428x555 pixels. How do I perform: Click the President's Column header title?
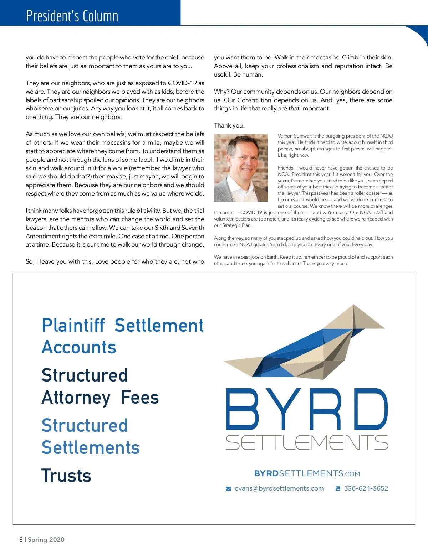tap(72, 16)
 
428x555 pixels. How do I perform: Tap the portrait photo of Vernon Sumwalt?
tap(241, 168)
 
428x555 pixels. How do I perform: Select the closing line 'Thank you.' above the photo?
tap(229, 125)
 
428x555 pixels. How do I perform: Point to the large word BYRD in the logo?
tap(307, 409)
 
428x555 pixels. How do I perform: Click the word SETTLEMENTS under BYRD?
tap(307, 442)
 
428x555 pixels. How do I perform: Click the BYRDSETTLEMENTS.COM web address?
tap(307, 473)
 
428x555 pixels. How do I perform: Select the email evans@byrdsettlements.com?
tap(279, 488)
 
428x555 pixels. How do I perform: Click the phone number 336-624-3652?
tap(366, 488)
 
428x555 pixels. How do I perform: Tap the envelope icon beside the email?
tap(228, 489)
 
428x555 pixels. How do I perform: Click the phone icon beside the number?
tap(338, 489)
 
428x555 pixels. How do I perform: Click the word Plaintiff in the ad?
tap(73, 326)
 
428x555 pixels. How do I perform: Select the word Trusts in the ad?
tap(66, 476)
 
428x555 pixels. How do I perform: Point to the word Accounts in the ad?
tap(79, 347)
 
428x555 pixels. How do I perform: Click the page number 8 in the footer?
tap(21, 540)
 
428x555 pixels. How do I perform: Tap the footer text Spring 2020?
tap(46, 540)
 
